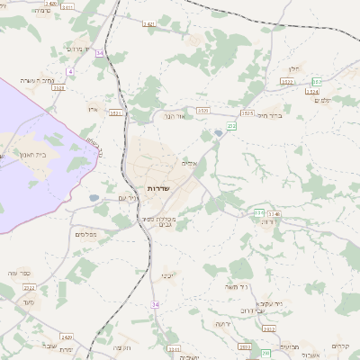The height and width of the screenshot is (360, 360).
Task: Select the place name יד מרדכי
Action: (x=79, y=49)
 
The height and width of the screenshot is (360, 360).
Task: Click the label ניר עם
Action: (x=129, y=198)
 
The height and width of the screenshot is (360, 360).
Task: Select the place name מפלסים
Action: (x=86, y=233)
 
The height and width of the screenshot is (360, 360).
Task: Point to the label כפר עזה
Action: (x=19, y=273)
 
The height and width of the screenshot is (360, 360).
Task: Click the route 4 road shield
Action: (x=69, y=70)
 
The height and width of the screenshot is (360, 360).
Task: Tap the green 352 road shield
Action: (x=316, y=82)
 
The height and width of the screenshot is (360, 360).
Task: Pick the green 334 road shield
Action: (x=258, y=213)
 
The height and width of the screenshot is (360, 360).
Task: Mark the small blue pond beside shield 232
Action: (x=218, y=134)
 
